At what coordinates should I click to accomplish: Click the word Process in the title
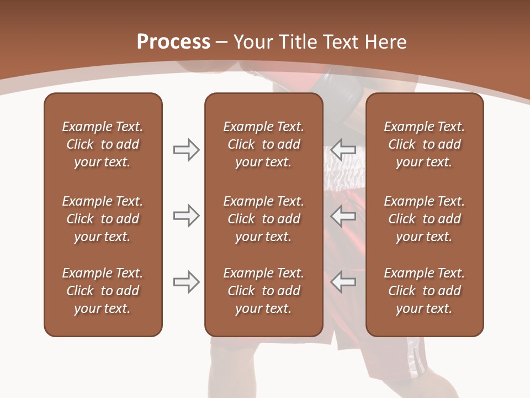click(173, 42)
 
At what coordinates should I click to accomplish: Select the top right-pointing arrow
click(186, 150)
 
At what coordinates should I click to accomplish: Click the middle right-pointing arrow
click(186, 216)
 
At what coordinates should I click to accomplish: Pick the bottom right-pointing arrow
click(186, 282)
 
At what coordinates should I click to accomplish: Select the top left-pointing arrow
click(343, 150)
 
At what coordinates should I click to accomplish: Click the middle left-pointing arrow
click(343, 216)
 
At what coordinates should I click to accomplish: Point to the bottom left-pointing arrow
click(343, 282)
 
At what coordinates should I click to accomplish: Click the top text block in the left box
click(103, 144)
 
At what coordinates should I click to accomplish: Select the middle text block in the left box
click(103, 219)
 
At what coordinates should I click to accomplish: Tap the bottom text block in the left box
click(103, 291)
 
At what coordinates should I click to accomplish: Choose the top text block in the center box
click(263, 144)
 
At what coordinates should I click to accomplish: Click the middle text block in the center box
click(263, 219)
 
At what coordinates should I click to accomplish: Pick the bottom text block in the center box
click(263, 291)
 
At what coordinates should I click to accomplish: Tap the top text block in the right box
click(424, 144)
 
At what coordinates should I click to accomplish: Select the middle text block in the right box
click(424, 219)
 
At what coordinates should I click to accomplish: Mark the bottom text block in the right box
click(424, 291)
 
